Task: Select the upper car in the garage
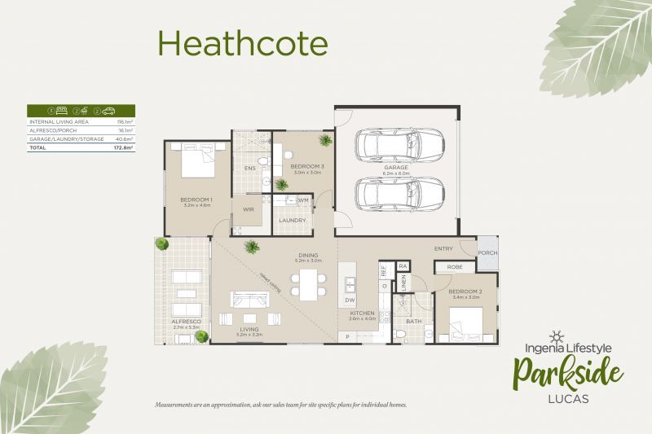point(388,147)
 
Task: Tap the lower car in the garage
point(388,195)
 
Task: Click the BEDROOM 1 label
point(196,199)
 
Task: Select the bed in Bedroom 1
point(196,160)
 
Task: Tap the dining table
point(308,283)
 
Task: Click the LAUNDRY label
point(292,221)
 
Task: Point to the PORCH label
point(487,252)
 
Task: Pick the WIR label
point(248,209)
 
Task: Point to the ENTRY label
point(443,248)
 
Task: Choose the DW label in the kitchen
point(350,300)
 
